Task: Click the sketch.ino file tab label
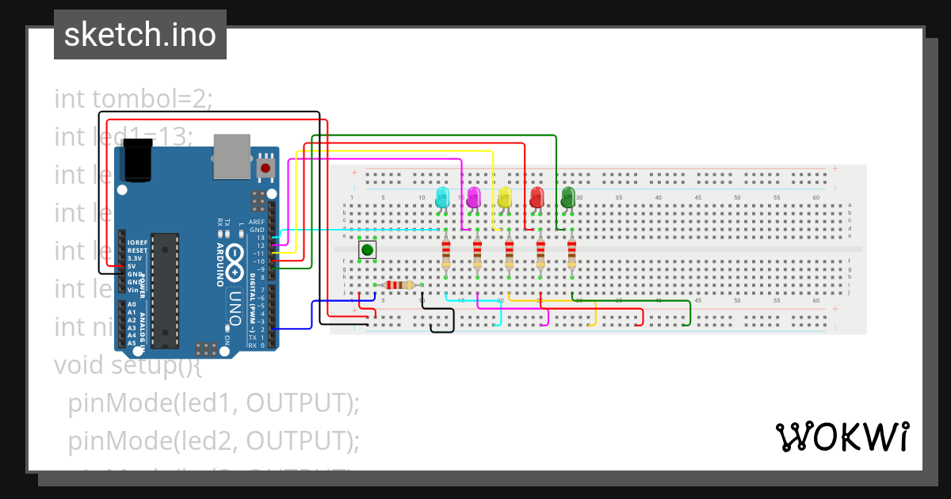139,35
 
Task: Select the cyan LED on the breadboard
442,197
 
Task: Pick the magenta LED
474,197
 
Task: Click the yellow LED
506,197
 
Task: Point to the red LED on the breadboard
537,197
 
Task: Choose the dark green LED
568,197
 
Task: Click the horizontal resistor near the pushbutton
398,285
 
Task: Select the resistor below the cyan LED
446,255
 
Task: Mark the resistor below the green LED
572,255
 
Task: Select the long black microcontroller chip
164,290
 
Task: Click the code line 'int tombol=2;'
133,99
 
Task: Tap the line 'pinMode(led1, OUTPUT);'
214,403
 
